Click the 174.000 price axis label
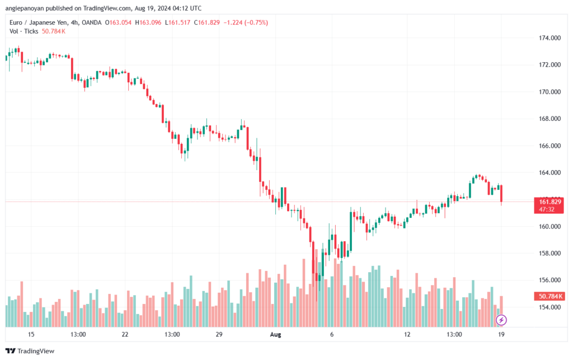(549, 38)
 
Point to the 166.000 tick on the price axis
(549, 146)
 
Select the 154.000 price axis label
(549, 307)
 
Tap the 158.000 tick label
(549, 253)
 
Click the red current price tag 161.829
(551, 201)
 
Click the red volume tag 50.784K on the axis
(551, 296)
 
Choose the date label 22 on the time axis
(125, 334)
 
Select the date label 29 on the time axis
(219, 334)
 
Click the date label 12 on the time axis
(407, 334)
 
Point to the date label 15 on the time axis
(31, 334)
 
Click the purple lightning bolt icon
(502, 320)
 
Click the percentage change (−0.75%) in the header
(255, 22)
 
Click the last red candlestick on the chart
(502, 194)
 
